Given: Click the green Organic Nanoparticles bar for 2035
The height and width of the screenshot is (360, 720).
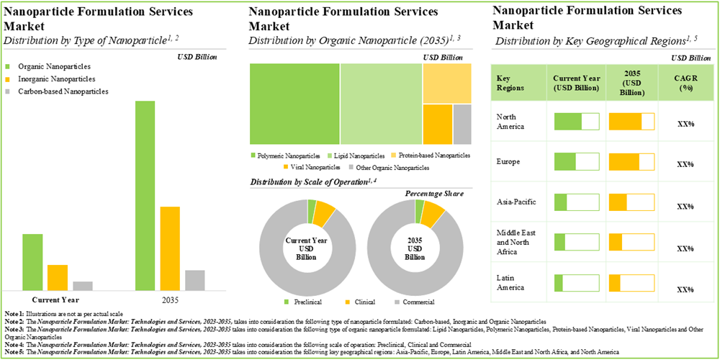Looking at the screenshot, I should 145,195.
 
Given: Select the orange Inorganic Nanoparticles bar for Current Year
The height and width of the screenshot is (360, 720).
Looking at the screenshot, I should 58,277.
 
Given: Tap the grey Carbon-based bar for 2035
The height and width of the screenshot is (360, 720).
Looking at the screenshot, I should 195,280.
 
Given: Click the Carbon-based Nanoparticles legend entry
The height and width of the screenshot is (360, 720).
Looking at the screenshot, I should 63,91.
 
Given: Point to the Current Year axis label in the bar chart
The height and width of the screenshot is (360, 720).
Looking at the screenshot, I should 56,300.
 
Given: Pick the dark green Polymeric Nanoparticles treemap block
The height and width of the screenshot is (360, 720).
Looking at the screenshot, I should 294,105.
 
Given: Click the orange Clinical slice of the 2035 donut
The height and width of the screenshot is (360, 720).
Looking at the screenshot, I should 433,213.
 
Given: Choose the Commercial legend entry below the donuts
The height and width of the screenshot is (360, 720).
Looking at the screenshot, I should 418,302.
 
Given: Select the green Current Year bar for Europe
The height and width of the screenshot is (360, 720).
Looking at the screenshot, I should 565,161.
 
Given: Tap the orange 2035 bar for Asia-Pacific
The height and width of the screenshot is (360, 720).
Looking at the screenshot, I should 618,201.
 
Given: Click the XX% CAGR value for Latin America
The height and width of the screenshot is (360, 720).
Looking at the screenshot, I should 685,289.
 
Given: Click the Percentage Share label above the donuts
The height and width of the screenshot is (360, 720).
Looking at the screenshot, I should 433,194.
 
